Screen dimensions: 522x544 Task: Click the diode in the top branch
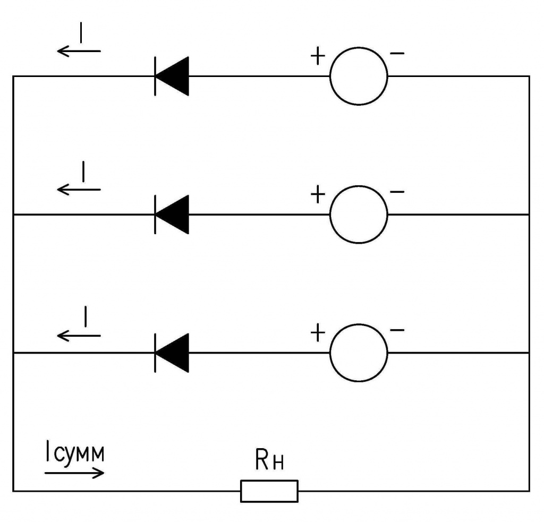[172, 76]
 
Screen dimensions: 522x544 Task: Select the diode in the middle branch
[172, 214]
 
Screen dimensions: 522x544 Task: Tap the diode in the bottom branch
[172, 352]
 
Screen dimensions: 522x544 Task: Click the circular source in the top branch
[359, 76]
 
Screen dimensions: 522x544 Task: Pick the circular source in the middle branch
[359, 214]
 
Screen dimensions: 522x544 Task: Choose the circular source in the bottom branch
[359, 352]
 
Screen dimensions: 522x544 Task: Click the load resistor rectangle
[269, 491]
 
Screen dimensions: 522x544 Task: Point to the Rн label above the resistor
[269, 461]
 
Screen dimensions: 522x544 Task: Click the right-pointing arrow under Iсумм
[75, 472]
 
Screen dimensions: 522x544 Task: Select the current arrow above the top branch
[79, 51]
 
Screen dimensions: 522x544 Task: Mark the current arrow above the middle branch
[79, 189]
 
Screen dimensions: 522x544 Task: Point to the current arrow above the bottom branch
[79, 335]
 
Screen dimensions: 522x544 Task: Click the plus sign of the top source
[318, 57]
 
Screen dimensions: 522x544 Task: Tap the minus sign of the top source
[397, 53]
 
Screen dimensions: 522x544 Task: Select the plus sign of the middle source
[318, 195]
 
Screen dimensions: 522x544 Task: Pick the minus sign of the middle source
[397, 191]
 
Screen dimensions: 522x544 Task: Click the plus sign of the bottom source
[318, 333]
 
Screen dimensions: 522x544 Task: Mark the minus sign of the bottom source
[397, 330]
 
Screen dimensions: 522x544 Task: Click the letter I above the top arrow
[81, 33]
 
